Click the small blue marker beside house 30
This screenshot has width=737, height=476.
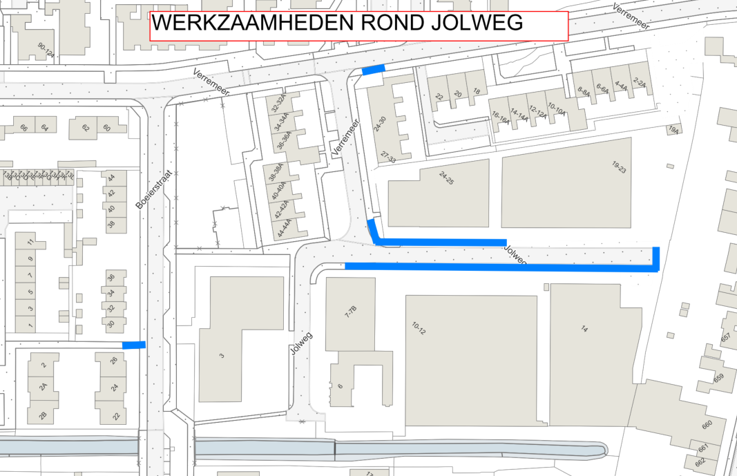tap(133, 345)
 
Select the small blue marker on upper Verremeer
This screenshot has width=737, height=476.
tap(373, 70)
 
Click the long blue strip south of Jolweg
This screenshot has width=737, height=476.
tap(497, 267)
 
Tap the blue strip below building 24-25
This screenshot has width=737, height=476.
tap(442, 242)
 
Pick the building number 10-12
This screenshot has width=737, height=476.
tap(419, 328)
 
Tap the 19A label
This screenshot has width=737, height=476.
tap(673, 129)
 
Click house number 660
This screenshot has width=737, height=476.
tap(706, 426)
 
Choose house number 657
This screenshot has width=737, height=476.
tap(726, 338)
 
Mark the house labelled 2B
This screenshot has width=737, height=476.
tap(42, 415)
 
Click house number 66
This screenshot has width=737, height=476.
tap(23, 128)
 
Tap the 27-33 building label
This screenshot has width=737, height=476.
tap(388, 157)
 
